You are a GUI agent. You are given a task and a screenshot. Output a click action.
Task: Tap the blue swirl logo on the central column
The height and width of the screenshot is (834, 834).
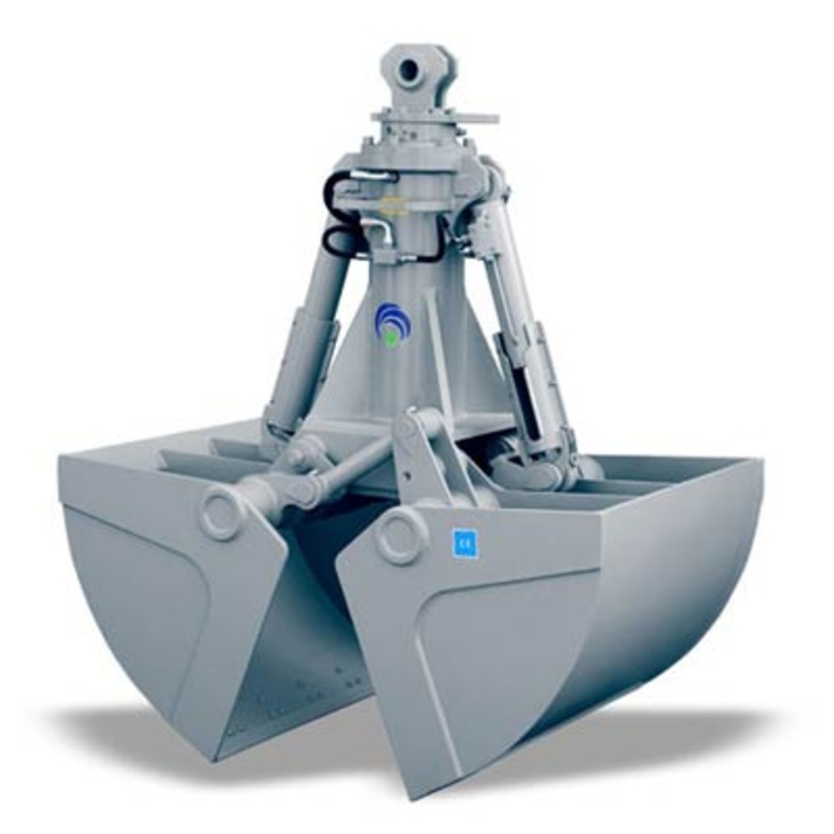(x=391, y=322)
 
